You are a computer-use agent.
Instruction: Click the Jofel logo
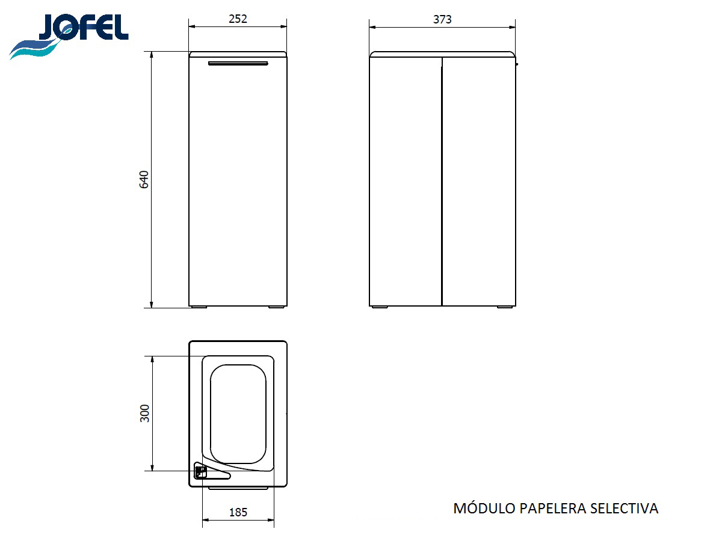69,36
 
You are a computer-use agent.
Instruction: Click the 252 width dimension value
238,19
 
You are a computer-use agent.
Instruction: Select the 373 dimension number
442,19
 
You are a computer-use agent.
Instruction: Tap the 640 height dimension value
144,179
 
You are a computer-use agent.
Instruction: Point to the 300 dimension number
145,413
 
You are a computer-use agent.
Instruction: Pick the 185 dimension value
238,512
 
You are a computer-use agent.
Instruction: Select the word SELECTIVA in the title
624,509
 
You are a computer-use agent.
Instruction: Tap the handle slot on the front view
238,63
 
